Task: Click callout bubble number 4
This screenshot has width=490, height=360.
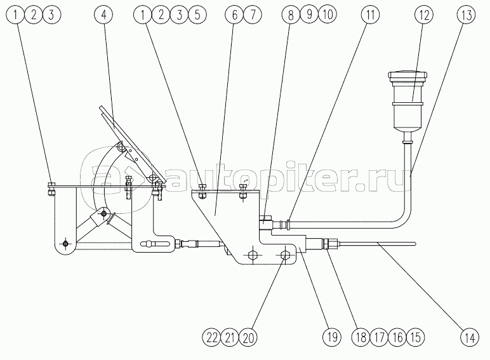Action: tap(103, 15)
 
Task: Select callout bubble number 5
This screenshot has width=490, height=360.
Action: tap(197, 15)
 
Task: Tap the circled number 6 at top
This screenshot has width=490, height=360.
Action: tap(235, 15)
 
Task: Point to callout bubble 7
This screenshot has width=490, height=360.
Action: tap(253, 15)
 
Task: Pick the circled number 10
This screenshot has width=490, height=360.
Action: tap(327, 15)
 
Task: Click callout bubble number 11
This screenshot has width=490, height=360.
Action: tap(370, 15)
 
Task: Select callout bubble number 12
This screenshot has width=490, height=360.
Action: tap(423, 15)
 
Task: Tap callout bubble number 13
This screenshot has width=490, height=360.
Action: tap(466, 15)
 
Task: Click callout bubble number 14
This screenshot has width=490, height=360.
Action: tap(470, 338)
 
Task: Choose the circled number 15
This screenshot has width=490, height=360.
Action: tap(416, 338)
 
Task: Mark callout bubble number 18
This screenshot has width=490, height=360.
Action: tap(361, 338)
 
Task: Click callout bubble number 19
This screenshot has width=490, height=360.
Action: tap(332, 338)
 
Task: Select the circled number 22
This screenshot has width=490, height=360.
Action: tap(211, 338)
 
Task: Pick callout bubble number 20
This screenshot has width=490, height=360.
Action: tap(248, 338)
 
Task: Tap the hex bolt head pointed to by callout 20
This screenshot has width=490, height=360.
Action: tap(284, 255)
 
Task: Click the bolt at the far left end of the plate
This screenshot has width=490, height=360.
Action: tap(51, 189)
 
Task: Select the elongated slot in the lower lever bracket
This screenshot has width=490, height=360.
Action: tap(155, 243)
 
